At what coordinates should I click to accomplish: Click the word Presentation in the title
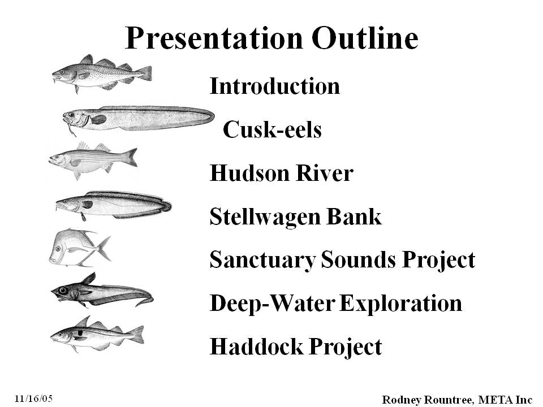click(x=214, y=38)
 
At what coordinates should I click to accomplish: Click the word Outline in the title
click(x=365, y=37)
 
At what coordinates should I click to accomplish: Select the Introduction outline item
click(x=275, y=86)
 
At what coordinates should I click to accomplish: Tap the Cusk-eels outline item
click(x=272, y=129)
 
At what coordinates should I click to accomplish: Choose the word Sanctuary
click(x=262, y=260)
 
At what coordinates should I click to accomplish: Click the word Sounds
click(x=358, y=259)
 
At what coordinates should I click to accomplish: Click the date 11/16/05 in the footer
click(x=33, y=399)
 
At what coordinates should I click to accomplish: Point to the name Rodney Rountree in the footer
click(x=427, y=400)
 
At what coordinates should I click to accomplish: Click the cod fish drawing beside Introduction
click(x=102, y=73)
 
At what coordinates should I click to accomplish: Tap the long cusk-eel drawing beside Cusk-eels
click(x=138, y=119)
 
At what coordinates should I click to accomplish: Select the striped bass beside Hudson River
click(x=93, y=160)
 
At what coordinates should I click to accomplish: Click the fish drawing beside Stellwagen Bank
click(x=113, y=205)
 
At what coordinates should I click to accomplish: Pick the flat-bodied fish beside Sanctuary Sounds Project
click(x=80, y=248)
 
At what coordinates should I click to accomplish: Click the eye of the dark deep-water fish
click(x=63, y=290)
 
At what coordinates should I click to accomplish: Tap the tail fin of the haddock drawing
click(x=137, y=335)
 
